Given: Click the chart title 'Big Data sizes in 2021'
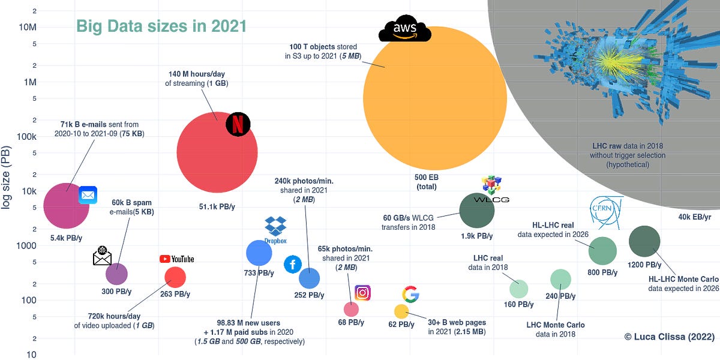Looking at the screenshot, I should (x=161, y=26).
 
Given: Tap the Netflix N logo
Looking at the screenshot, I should (x=238, y=125).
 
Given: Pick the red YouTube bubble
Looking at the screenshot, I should (x=175, y=277).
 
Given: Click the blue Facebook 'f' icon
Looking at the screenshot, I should (x=293, y=263).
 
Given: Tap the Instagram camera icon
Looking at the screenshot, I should (x=362, y=293).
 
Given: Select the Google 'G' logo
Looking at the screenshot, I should (x=410, y=294).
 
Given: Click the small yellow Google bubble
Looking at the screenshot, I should (x=401, y=311).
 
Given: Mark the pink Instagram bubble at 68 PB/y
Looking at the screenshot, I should (x=351, y=309).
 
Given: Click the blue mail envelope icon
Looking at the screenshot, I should (x=88, y=195).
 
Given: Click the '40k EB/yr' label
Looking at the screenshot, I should (x=694, y=217).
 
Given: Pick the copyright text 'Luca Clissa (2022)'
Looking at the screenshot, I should (x=669, y=337).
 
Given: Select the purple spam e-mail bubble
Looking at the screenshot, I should (x=116, y=274).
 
